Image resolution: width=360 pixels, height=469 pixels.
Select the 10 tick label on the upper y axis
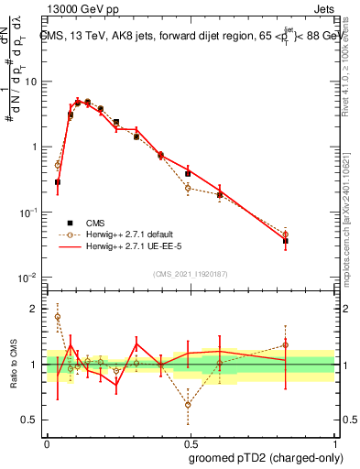31,82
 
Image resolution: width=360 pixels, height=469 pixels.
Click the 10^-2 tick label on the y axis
27,278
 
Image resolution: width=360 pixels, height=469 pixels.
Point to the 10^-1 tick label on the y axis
27,213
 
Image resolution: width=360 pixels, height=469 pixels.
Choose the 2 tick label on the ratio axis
34,309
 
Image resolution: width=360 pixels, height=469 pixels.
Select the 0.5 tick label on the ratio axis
29,420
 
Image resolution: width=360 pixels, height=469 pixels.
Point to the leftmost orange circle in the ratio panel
58,317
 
